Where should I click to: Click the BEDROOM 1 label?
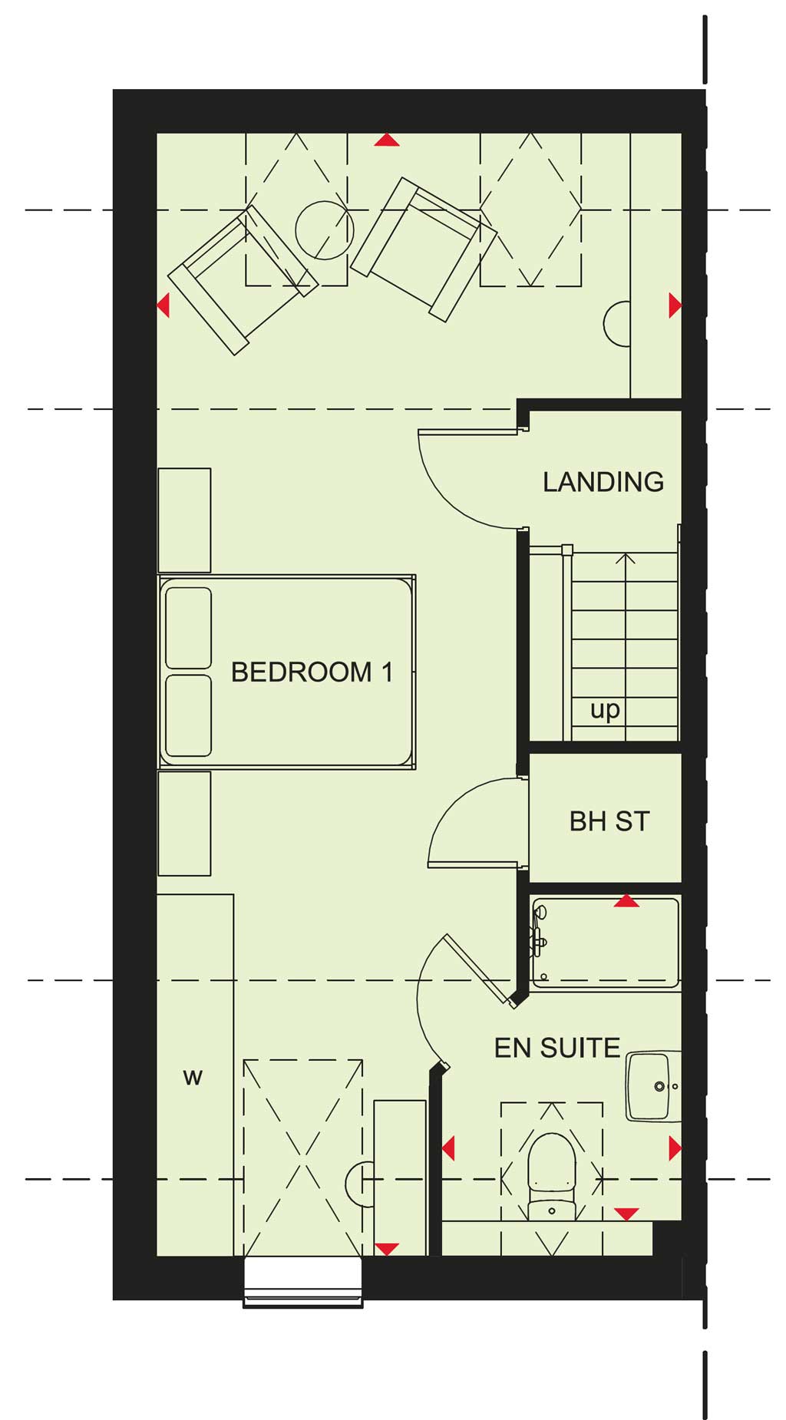point(312,672)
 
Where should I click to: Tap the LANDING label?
point(603,482)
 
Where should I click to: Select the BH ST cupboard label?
point(609,821)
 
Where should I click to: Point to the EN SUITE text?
point(556,1048)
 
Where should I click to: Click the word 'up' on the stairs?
point(605,710)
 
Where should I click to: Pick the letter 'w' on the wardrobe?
point(193,1078)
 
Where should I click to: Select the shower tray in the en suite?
point(605,943)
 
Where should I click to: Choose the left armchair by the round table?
point(243,279)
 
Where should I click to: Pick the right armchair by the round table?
point(424,249)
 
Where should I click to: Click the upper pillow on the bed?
point(188,628)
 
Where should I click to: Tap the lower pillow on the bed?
point(188,715)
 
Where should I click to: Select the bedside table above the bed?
point(184,520)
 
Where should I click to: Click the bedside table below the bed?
point(184,824)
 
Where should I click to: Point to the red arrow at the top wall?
point(387,140)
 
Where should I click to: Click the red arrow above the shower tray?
point(627,901)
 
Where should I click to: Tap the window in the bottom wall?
point(302,1282)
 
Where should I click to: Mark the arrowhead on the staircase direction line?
point(626,558)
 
